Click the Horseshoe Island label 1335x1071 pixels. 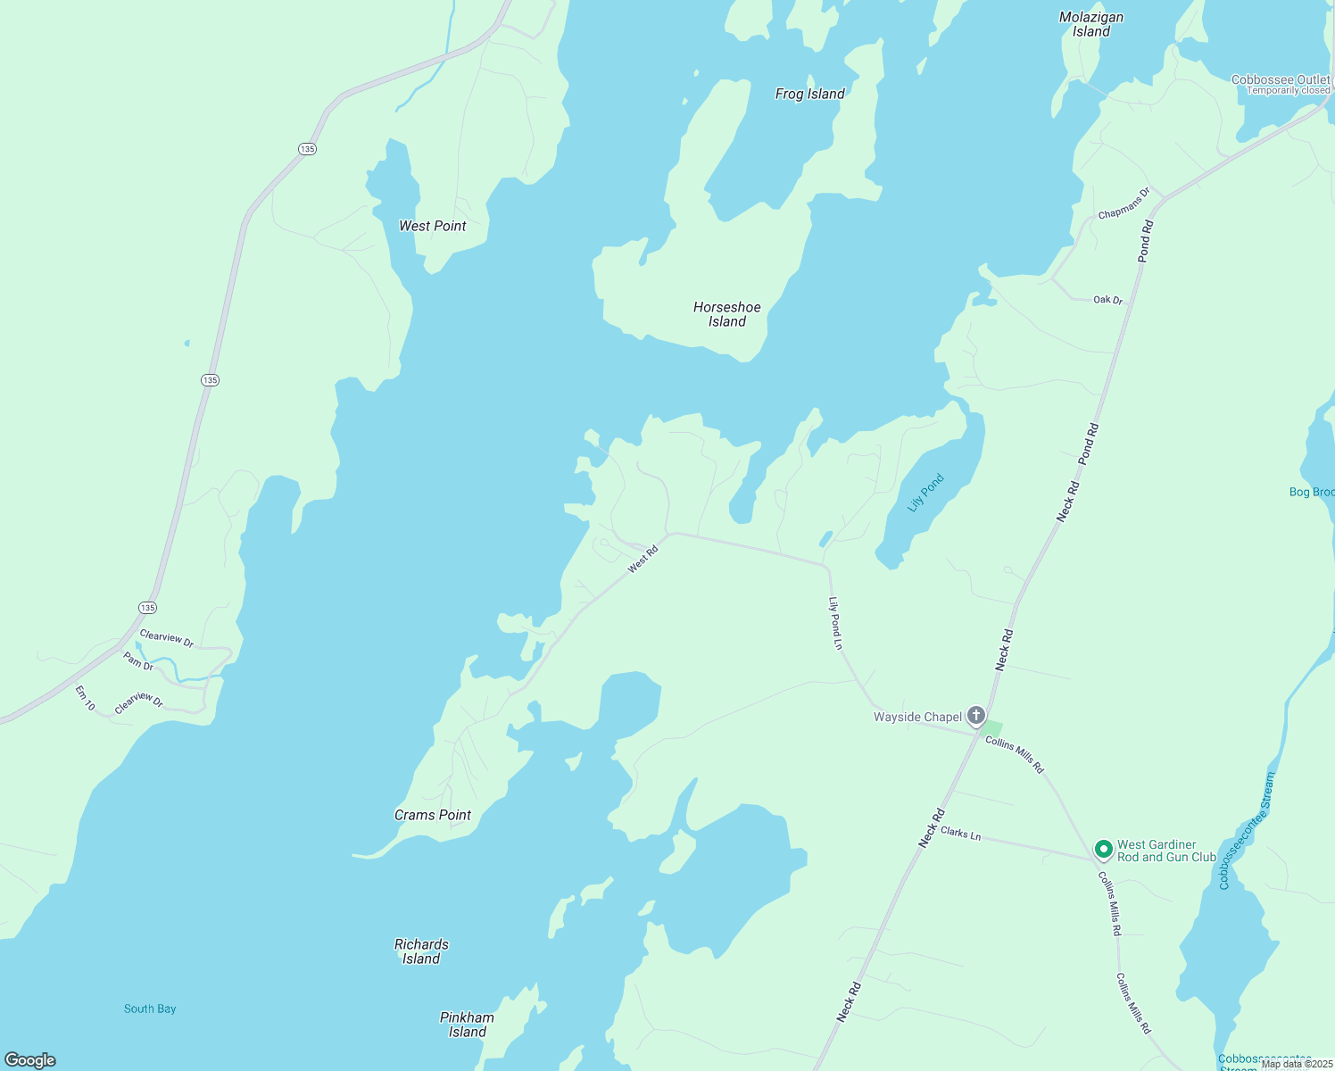click(x=727, y=314)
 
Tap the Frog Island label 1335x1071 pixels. click(x=809, y=94)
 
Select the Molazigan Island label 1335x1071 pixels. click(x=1090, y=24)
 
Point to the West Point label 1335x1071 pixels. click(x=433, y=226)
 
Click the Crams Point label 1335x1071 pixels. click(x=433, y=815)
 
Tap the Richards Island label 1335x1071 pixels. click(x=421, y=951)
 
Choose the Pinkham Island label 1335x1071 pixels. click(x=467, y=1025)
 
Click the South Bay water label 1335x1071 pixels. click(x=150, y=1009)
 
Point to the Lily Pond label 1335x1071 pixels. click(x=925, y=493)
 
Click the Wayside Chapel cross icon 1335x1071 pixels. click(x=976, y=715)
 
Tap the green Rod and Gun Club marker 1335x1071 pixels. click(x=1103, y=849)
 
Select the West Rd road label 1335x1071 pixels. click(x=643, y=559)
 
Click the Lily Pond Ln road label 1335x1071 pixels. click(x=836, y=623)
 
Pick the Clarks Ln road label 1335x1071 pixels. click(x=960, y=833)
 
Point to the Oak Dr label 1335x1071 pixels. click(x=1107, y=300)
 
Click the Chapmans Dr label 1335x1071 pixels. click(x=1124, y=203)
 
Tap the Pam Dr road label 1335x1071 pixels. click(x=138, y=661)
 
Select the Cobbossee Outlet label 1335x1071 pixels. click(x=1281, y=80)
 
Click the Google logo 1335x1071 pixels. click(x=30, y=1060)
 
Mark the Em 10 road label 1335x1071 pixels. click(x=85, y=698)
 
